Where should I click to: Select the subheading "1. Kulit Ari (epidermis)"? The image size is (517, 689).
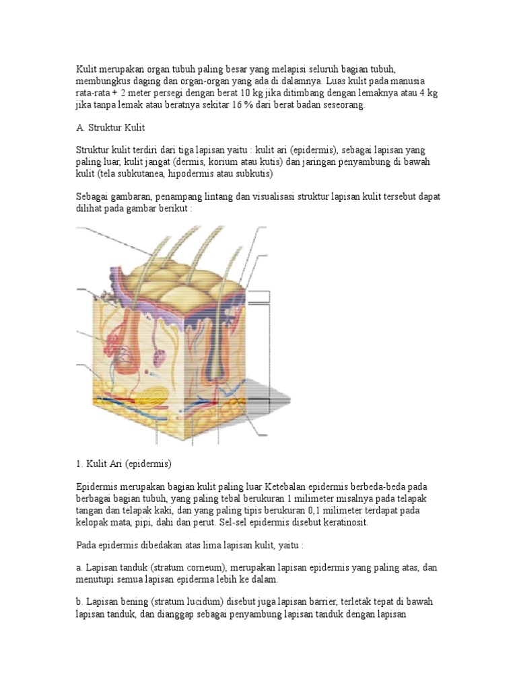click(x=124, y=464)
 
